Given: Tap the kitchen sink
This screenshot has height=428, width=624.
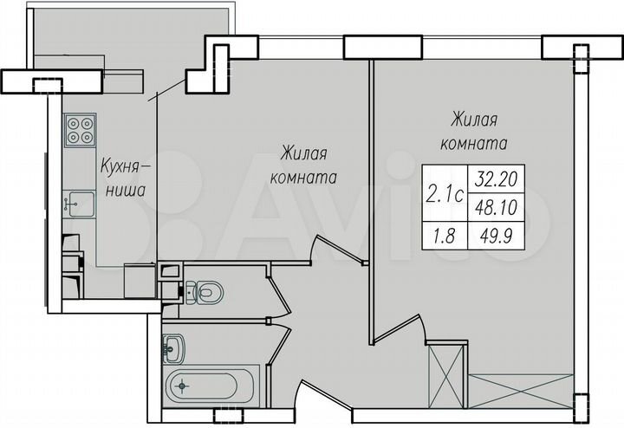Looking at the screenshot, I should (x=79, y=203).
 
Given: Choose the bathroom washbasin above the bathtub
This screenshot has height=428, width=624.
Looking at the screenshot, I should (x=173, y=349).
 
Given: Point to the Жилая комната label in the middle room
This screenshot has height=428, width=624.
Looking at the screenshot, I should (x=302, y=165).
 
